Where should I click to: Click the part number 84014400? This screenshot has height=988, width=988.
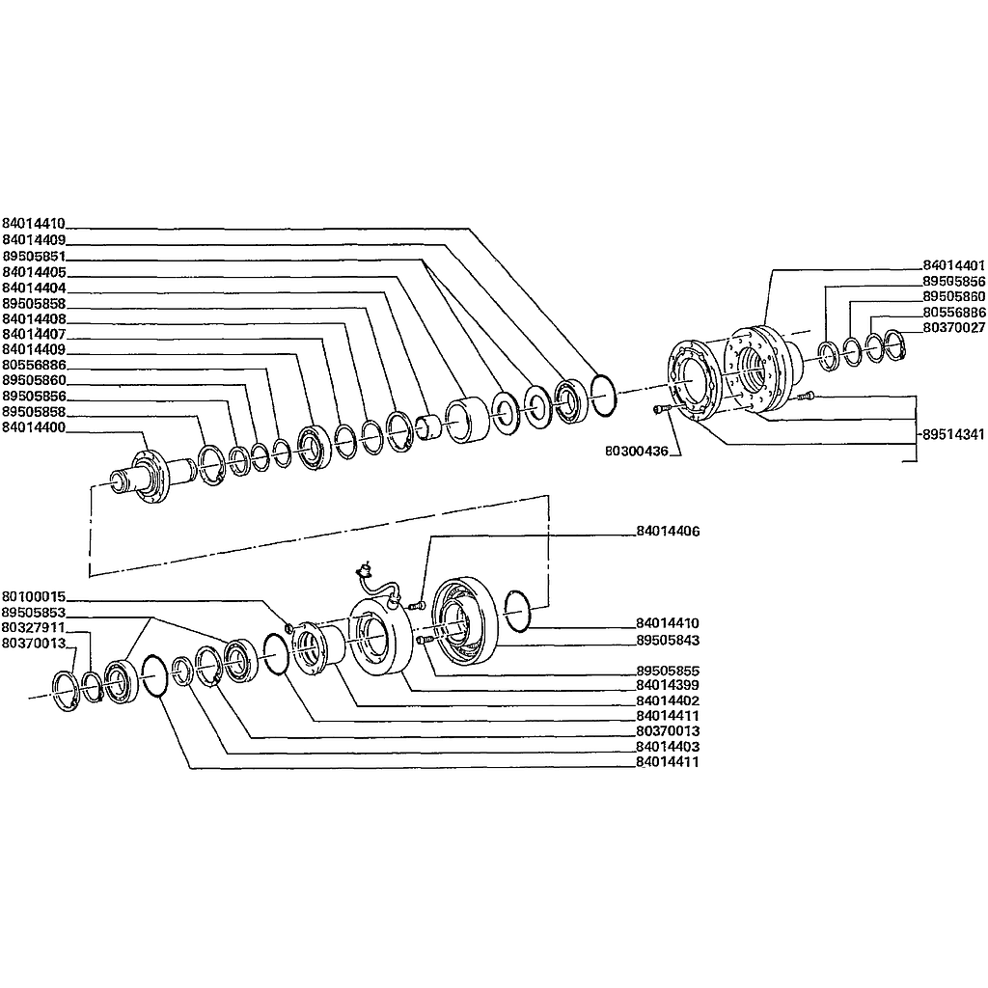34,426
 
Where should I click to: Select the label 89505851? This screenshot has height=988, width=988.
34,258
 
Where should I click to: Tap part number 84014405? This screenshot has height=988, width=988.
34,273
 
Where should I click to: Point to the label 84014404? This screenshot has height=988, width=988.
34,288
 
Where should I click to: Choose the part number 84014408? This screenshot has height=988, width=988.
34,318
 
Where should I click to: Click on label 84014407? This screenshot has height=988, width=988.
34,334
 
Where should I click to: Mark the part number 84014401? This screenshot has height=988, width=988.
953,264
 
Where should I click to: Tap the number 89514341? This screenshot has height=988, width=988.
953,435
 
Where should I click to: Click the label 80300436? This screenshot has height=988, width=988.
637,450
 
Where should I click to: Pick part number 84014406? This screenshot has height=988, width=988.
668,532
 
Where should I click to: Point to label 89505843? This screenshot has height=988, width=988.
668,640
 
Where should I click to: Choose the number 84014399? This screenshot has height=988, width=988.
668,685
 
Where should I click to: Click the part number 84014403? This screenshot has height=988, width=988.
668,747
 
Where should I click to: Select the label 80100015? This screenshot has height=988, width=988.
34,596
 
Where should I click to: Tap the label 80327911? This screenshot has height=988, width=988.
34,627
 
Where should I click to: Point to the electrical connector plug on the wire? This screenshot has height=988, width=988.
366,570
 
